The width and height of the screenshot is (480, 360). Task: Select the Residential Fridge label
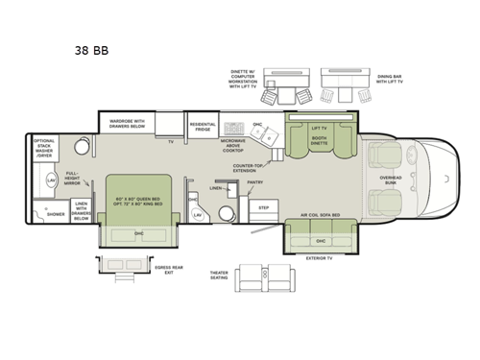[202, 126]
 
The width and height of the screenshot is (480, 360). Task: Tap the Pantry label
[255, 180]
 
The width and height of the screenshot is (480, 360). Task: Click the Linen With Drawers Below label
[81, 210]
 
